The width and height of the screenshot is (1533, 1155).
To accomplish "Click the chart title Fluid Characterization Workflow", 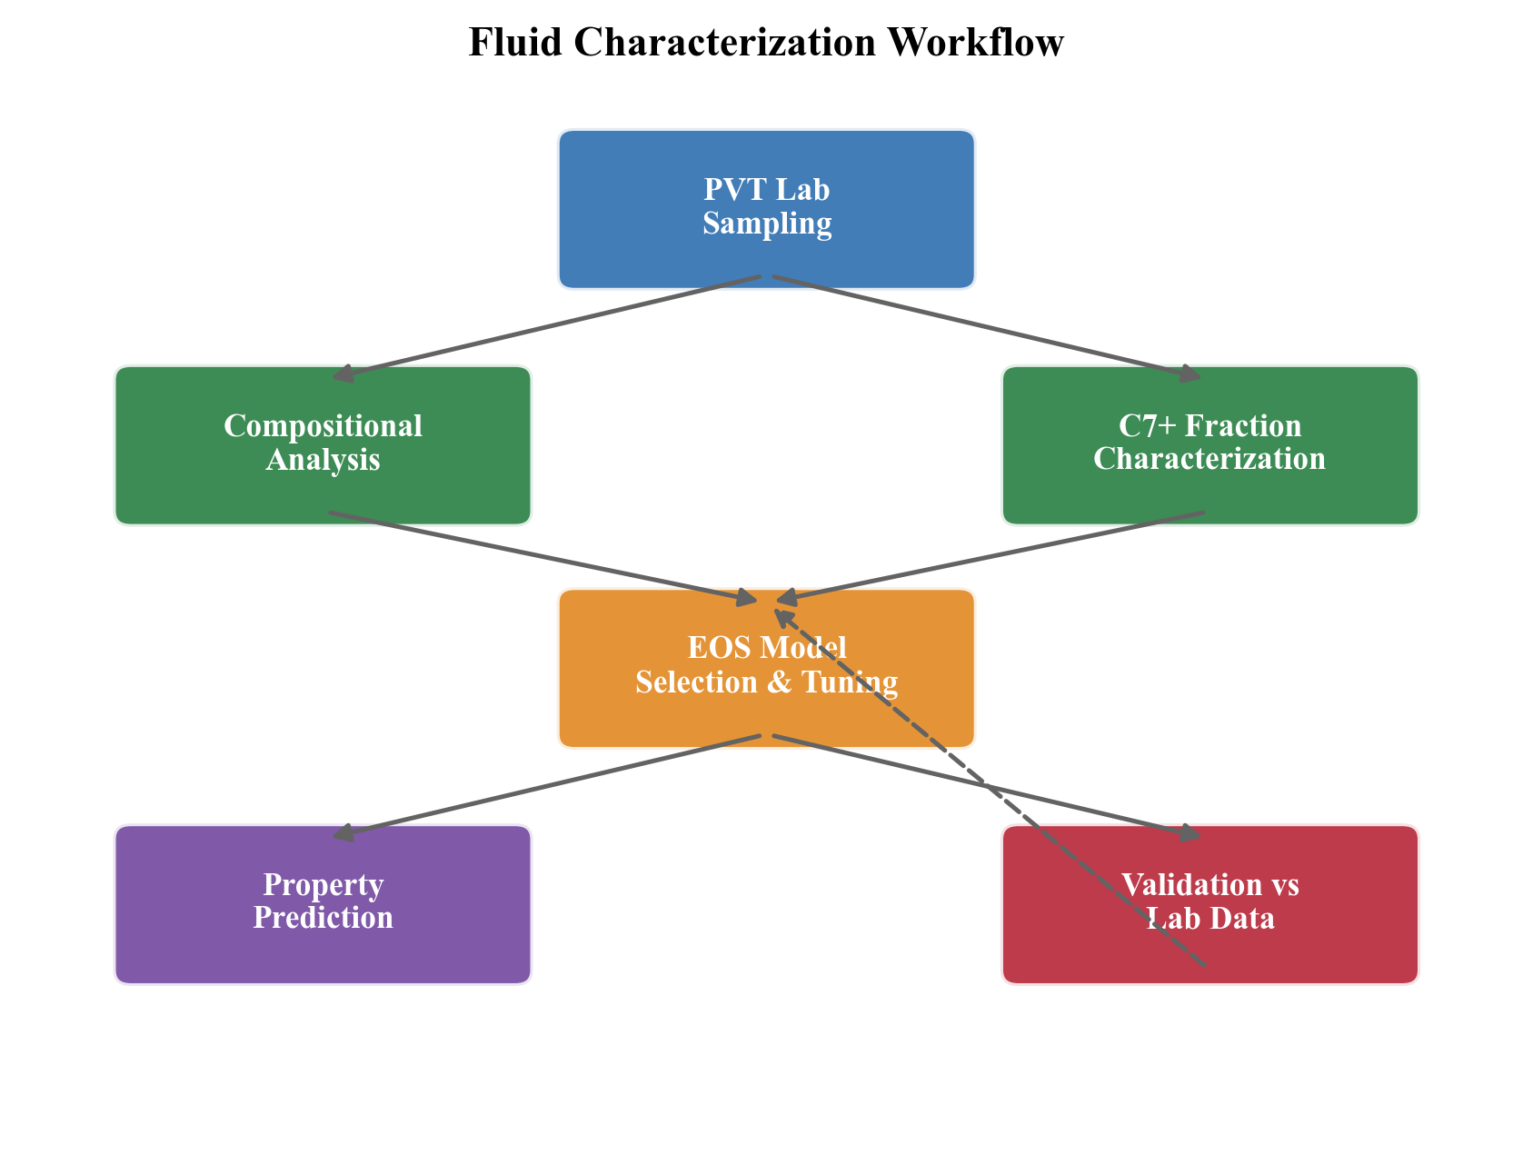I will click(x=766, y=43).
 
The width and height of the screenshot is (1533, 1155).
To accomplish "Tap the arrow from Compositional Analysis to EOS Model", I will click(x=545, y=556).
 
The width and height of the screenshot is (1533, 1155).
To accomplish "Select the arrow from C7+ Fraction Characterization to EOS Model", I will click(x=990, y=556).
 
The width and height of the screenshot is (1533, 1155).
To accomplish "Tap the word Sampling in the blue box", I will click(x=767, y=224).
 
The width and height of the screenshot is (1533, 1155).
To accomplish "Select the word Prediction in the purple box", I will click(x=323, y=918).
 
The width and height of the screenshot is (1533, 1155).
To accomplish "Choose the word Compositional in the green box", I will click(x=323, y=425).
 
